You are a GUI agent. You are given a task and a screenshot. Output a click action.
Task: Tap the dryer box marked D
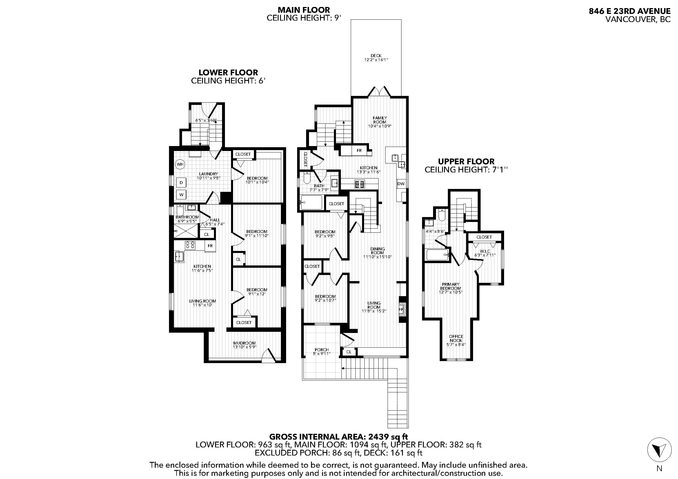181,183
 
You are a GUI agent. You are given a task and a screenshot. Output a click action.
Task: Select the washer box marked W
181,194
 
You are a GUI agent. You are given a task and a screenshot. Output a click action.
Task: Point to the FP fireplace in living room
401,309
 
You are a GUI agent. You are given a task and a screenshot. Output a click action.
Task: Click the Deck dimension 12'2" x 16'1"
376,60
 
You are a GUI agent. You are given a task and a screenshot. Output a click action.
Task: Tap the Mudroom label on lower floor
245,343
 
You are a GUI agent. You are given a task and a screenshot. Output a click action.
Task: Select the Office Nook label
456,338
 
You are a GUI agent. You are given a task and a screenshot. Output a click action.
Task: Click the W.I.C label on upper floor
484,251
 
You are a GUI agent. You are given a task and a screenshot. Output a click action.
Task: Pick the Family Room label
380,120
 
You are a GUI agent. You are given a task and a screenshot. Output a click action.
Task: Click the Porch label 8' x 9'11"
321,350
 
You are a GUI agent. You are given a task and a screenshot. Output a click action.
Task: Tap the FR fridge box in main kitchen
359,150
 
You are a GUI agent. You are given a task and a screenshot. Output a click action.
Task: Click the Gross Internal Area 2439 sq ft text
339,436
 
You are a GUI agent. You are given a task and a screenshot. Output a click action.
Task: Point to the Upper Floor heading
466,161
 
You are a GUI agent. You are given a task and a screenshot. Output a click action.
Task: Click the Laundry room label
208,174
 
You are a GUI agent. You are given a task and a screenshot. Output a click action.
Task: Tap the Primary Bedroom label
450,286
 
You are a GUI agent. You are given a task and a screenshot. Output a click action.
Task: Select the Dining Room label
377,251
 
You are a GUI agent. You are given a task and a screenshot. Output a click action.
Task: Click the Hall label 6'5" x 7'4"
215,220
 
